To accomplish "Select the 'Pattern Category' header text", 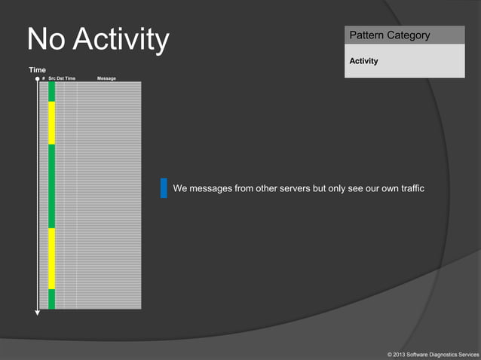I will (x=389, y=35).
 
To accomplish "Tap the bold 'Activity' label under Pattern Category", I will (x=363, y=61).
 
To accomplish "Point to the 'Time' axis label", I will (x=37, y=69).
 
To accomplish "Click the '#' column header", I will (x=43, y=78).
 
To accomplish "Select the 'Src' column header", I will (x=52, y=78).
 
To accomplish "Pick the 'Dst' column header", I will (x=60, y=78).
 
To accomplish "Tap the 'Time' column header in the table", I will (x=70, y=78).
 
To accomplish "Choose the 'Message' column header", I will (x=106, y=78).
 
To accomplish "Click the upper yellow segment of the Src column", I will (x=52, y=123).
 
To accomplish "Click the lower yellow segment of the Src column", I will (x=52, y=258).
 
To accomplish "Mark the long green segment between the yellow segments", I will (x=52, y=186).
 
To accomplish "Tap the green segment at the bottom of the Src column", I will (x=52, y=299).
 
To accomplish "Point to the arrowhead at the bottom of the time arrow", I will (x=38, y=313).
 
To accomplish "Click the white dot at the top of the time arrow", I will (x=38, y=78).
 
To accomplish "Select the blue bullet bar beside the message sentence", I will (x=164, y=188).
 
